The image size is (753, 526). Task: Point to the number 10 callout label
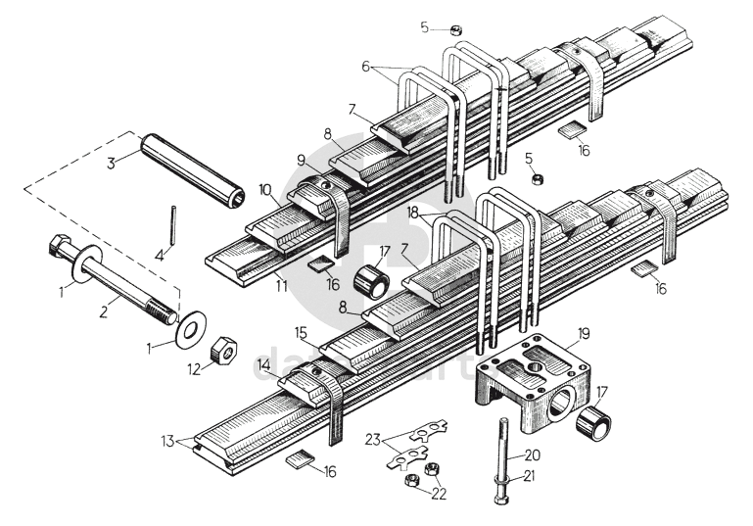(x=265, y=187)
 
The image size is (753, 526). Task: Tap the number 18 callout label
(x=414, y=212)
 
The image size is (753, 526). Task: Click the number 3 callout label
(x=113, y=162)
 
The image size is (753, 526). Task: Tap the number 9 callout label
(x=303, y=160)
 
